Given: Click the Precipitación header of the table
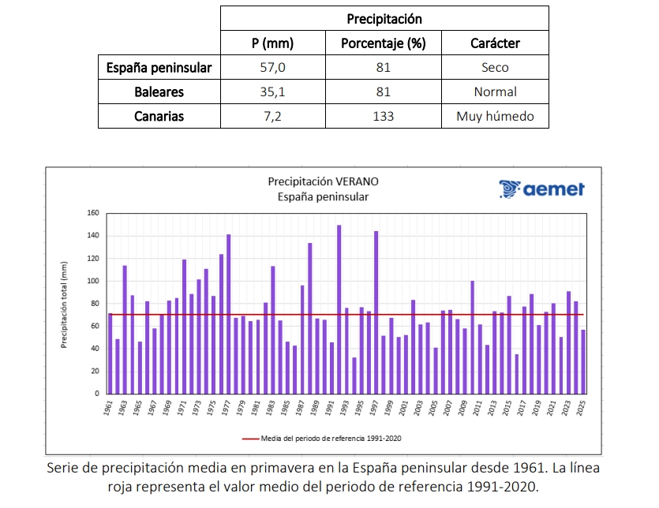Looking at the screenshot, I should point(384,18).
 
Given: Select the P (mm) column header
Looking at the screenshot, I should point(273,43).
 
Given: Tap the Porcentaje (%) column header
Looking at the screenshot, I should point(384,43).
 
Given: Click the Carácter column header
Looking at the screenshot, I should point(495,43).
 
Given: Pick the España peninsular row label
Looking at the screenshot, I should point(159,68).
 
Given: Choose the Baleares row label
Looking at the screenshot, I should point(159,92).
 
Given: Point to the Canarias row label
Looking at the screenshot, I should point(159,117).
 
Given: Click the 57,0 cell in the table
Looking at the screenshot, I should point(273,68).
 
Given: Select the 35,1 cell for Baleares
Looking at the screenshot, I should point(273,92).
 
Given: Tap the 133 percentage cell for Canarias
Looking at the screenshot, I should point(384,117).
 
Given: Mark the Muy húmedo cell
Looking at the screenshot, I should point(495,117).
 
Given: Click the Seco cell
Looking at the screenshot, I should point(495,68).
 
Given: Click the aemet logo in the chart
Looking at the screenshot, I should point(541,189).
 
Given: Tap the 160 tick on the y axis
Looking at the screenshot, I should point(93,213).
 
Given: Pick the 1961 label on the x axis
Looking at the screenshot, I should point(109,409).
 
